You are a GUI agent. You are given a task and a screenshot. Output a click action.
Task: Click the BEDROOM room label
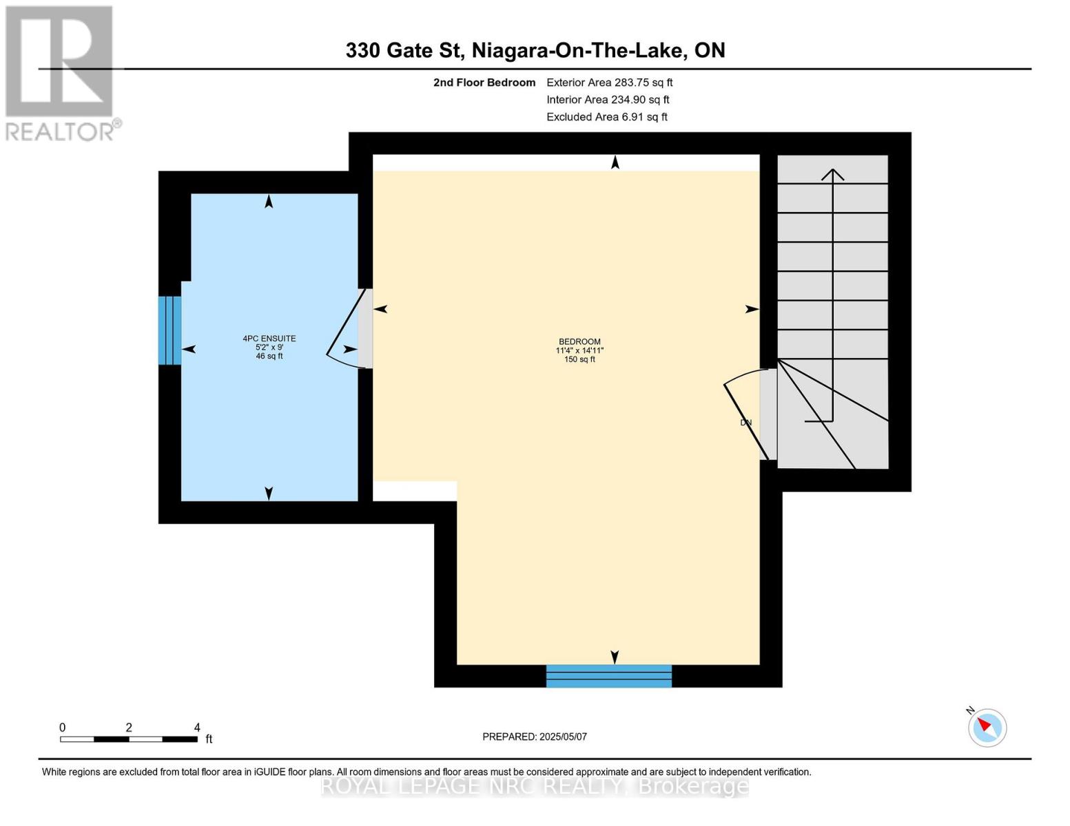click(x=579, y=341)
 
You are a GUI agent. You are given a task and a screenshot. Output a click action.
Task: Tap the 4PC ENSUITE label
click(x=269, y=338)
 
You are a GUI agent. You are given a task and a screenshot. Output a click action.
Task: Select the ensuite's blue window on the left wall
click(x=169, y=330)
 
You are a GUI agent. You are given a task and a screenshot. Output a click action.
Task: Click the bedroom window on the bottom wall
click(x=608, y=676)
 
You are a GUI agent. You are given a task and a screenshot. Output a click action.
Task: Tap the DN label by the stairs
click(x=745, y=423)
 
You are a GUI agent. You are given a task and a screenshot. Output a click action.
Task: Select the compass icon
click(x=987, y=727)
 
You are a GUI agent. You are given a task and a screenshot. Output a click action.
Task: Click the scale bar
click(x=129, y=739)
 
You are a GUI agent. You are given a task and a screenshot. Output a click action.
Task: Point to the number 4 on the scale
click(x=197, y=728)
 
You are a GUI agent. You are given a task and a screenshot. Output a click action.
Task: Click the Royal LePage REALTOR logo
click(x=60, y=72)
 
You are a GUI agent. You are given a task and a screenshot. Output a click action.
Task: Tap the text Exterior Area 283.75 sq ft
click(x=609, y=83)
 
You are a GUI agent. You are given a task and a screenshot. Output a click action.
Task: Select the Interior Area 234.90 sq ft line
click(x=608, y=100)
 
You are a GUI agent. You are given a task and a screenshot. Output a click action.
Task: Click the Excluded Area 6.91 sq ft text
click(x=606, y=117)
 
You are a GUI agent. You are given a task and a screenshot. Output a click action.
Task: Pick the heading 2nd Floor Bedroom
click(x=484, y=83)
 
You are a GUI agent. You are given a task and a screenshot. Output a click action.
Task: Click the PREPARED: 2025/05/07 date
click(x=535, y=737)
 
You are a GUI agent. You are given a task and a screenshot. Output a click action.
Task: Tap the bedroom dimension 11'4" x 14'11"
click(x=579, y=350)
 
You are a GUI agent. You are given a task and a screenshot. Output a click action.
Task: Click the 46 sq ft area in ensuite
click(x=269, y=356)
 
